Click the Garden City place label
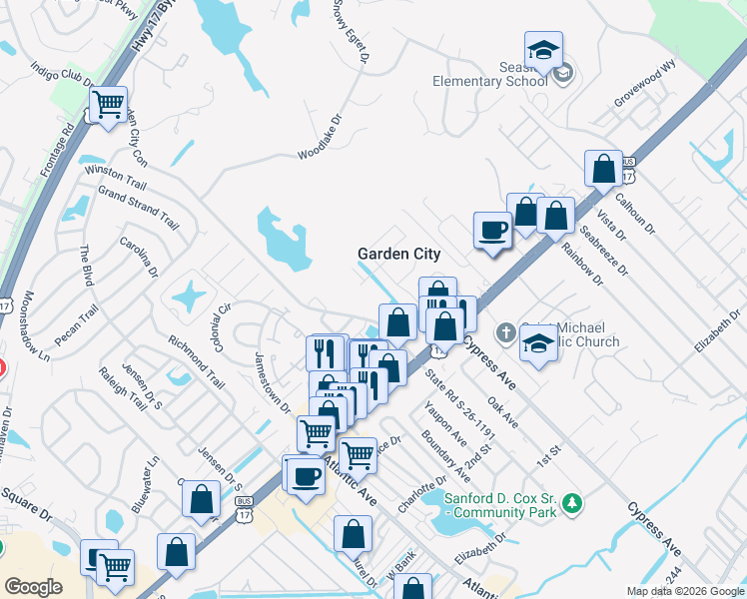click(x=399, y=254)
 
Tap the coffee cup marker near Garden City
click(x=491, y=230)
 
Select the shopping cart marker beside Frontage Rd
click(x=108, y=104)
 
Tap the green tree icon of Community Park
click(x=571, y=502)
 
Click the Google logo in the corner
click(x=33, y=586)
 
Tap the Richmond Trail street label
click(x=196, y=361)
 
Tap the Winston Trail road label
click(x=115, y=179)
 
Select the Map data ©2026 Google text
click(x=686, y=591)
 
